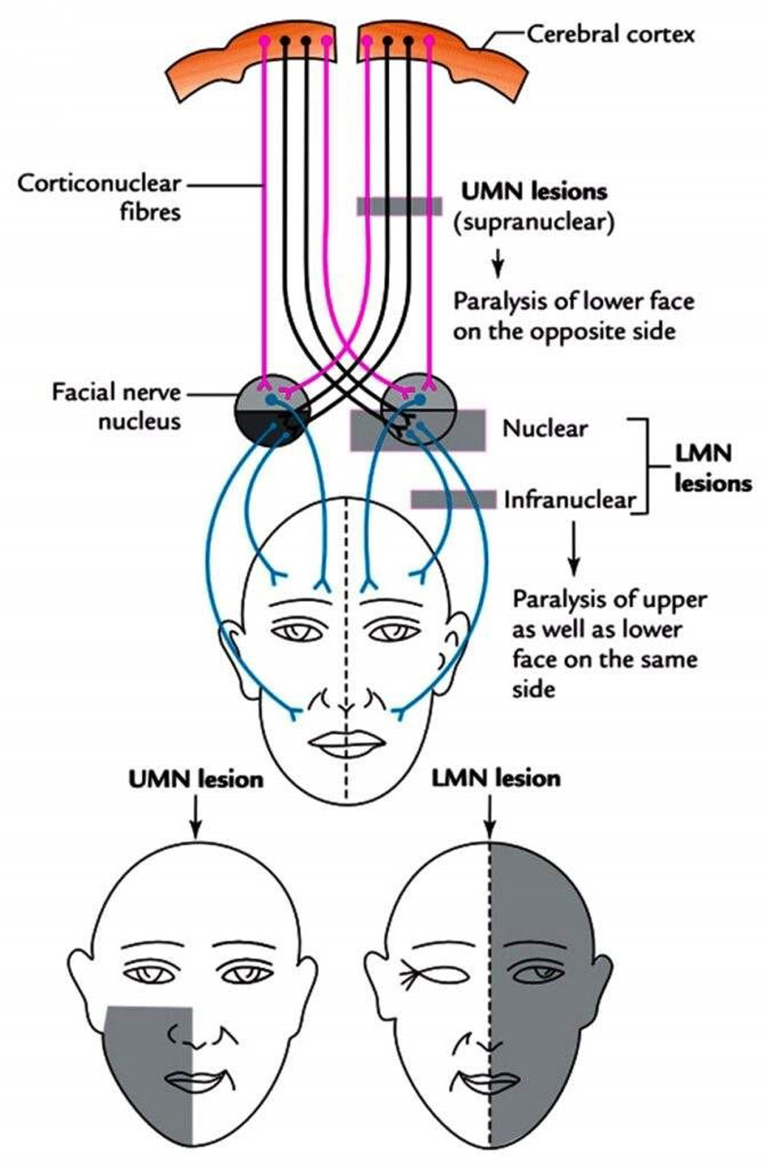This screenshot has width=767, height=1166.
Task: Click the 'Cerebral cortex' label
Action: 610,33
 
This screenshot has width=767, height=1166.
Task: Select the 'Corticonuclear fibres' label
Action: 99,197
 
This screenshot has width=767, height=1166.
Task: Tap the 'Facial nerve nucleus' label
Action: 115,407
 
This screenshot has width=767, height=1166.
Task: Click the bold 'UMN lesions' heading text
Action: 534,192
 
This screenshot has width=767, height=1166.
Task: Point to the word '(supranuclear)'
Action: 533,222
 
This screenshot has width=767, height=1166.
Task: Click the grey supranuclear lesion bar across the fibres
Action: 399,206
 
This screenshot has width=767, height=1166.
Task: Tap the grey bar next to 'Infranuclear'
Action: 453,499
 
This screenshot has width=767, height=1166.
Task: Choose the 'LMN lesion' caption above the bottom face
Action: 496,779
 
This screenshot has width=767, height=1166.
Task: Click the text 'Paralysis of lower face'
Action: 573,301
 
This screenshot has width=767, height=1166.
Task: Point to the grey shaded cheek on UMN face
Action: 146,1056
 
